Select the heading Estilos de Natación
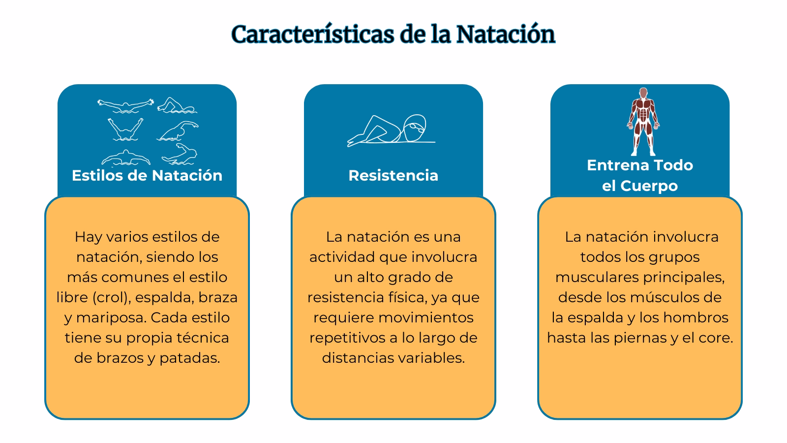click(x=147, y=175)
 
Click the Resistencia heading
click(x=393, y=175)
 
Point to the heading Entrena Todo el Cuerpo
click(x=639, y=175)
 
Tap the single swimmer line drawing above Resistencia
click(x=391, y=131)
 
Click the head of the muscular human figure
click(x=642, y=93)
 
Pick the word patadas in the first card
click(x=189, y=358)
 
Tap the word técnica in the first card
click(x=204, y=338)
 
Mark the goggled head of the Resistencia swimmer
click(x=414, y=127)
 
